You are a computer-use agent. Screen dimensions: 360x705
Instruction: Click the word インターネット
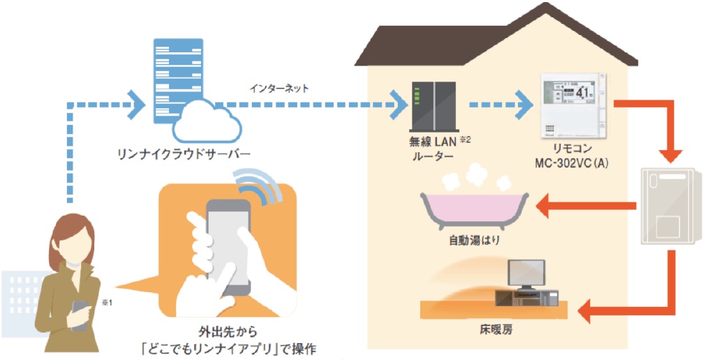(x=279, y=89)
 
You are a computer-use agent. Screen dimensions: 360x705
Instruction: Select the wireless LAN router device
(x=433, y=109)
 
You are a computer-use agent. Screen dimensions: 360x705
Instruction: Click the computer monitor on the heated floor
(x=526, y=273)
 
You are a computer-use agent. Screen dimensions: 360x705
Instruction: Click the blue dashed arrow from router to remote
(x=498, y=107)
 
